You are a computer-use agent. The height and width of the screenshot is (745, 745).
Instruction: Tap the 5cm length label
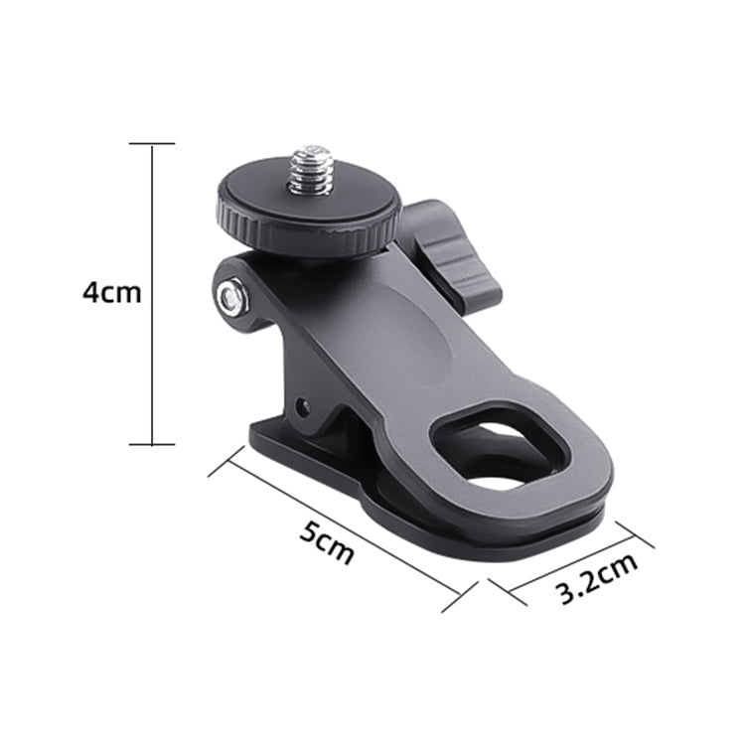(x=327, y=540)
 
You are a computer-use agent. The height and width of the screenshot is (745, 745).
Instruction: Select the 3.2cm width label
(x=596, y=579)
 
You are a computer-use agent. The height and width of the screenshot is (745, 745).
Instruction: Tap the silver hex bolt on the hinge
(x=232, y=295)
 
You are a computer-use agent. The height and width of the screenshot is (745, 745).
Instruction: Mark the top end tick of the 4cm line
(x=151, y=143)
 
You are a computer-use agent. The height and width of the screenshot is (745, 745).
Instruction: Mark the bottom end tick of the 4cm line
(x=151, y=445)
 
